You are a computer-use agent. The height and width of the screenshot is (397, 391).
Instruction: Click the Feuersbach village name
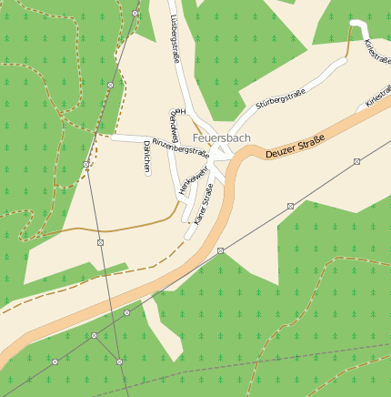click(x=223, y=137)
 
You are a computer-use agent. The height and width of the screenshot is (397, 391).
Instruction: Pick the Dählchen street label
click(x=146, y=157)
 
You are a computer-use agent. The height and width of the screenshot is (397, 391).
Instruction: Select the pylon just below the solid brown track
click(x=100, y=243)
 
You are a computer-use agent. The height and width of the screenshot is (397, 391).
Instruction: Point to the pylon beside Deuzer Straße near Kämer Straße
click(x=220, y=249)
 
